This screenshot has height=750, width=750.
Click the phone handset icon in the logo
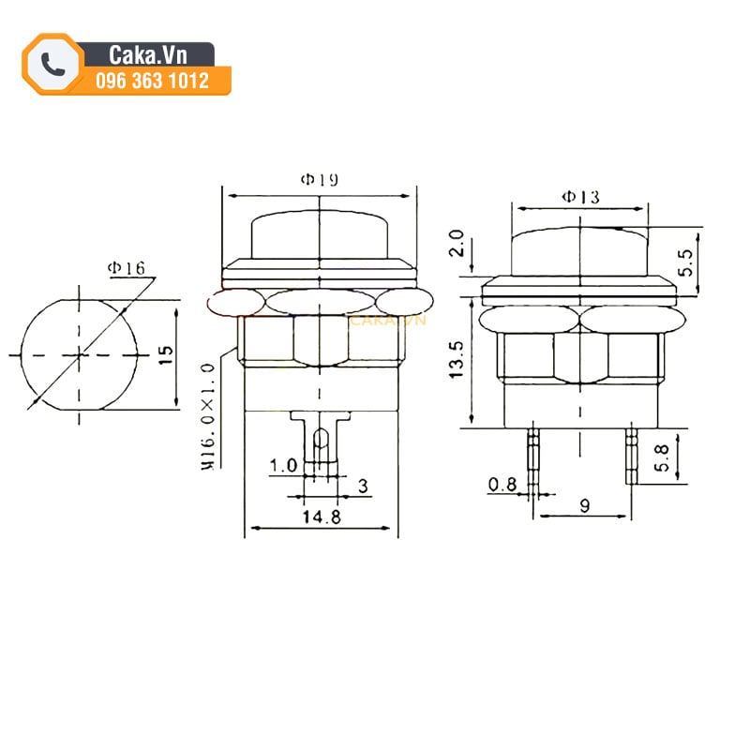[x=52, y=64]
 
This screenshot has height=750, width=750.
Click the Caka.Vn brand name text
[x=147, y=55]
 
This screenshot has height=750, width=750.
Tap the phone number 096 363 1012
[x=152, y=81]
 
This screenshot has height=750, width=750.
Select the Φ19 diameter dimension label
[x=319, y=179]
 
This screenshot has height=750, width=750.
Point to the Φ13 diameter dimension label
[x=580, y=197]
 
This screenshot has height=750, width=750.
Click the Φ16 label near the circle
[x=126, y=268]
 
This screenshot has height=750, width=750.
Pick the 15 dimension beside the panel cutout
[x=166, y=355]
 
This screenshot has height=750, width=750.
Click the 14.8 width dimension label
[x=322, y=517]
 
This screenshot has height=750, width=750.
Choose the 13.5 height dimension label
[x=457, y=360]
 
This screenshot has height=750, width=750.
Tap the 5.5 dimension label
[x=685, y=262]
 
